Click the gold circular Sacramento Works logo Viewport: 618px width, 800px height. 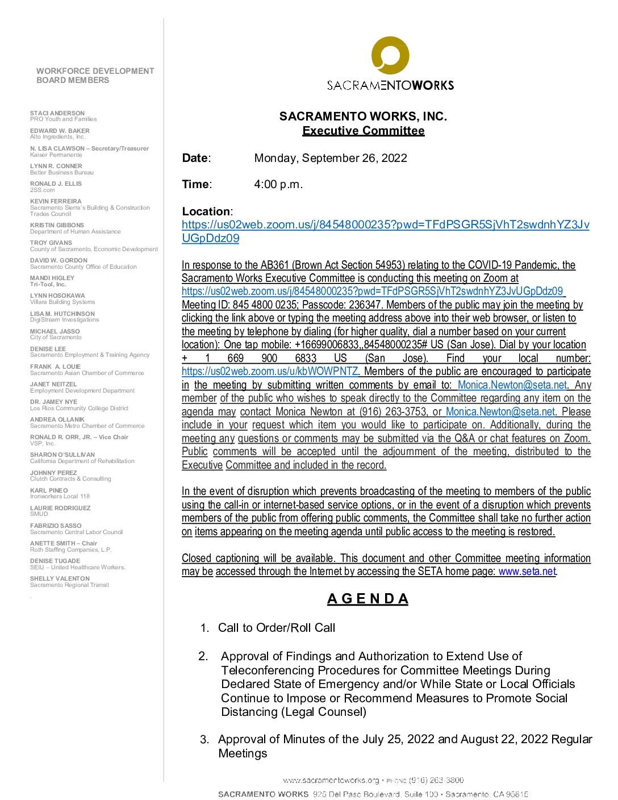pos(390,55)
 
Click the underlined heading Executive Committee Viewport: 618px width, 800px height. pos(363,131)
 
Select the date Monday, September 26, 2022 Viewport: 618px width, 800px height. pos(331,158)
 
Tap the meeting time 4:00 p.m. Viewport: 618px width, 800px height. pos(278,184)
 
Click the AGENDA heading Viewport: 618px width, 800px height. pos(368,599)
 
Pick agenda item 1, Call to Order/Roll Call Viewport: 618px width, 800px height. pos(276,627)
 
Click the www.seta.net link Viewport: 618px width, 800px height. pos(527,572)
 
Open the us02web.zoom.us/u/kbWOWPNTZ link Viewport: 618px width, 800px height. pos(270,372)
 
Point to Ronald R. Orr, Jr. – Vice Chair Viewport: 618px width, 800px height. pos(79,437)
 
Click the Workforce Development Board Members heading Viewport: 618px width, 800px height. pos(95,76)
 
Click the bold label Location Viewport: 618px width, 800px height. pos(206,211)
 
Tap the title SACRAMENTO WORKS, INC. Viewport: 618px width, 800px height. pos(363,116)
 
